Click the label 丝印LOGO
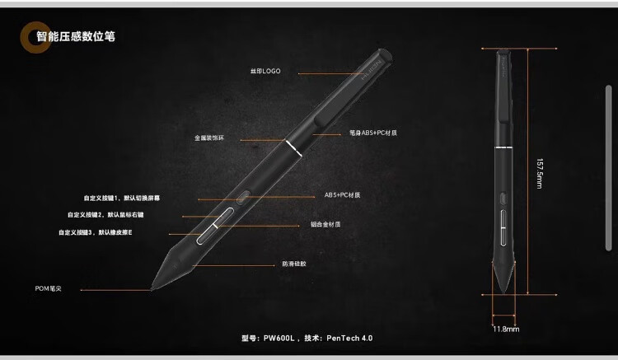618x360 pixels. tap(266, 71)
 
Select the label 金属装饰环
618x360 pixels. tap(210, 138)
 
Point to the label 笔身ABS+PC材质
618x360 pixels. tap(367, 132)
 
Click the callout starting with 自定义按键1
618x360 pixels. tap(122, 198)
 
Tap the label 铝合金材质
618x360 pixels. tap(325, 224)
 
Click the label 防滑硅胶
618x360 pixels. tap(294, 264)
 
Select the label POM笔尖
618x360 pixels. tap(54, 289)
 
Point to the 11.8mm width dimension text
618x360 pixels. tap(505, 330)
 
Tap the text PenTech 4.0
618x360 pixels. tap(356, 338)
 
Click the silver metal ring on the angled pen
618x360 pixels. tap(293, 148)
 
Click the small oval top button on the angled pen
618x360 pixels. tap(242, 197)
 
